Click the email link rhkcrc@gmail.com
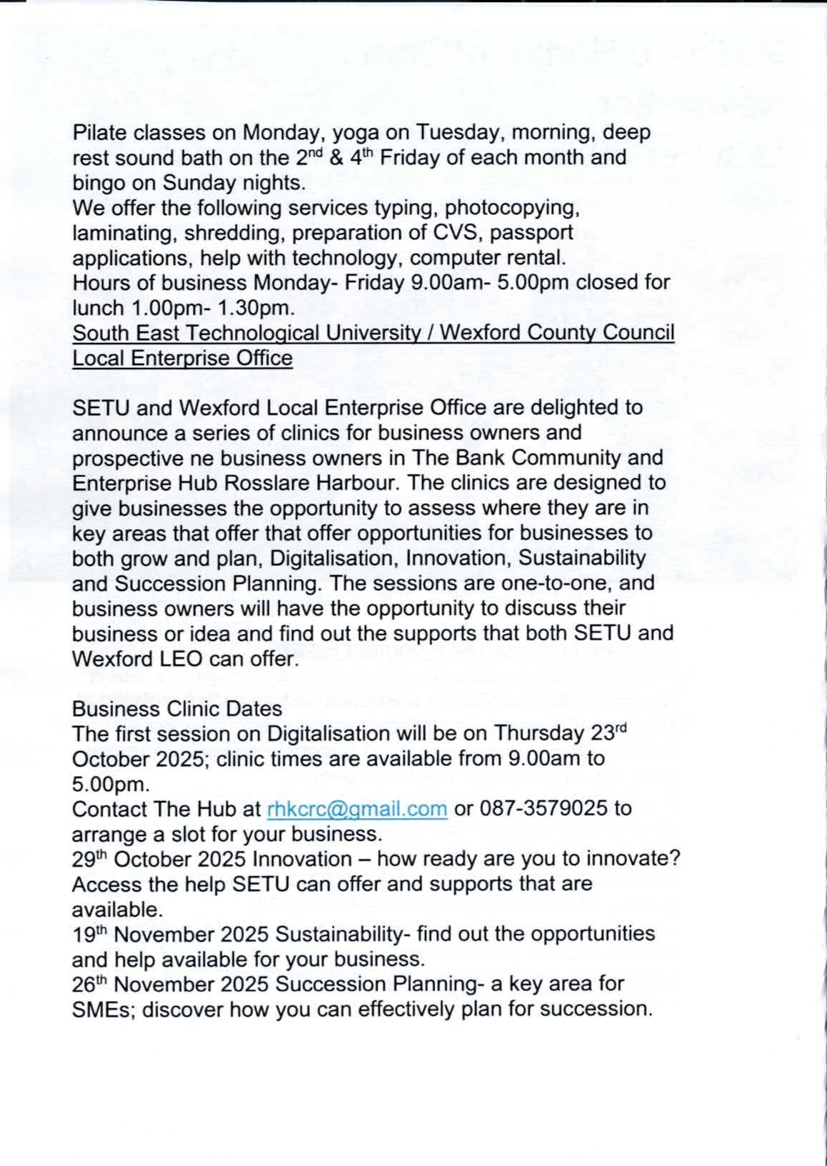[357, 809]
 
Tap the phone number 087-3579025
[543, 809]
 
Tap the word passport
[531, 233]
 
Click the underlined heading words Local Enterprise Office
[182, 358]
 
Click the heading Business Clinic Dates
[177, 709]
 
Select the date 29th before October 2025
[89, 859]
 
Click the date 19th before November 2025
[89, 934]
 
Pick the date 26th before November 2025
[89, 984]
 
